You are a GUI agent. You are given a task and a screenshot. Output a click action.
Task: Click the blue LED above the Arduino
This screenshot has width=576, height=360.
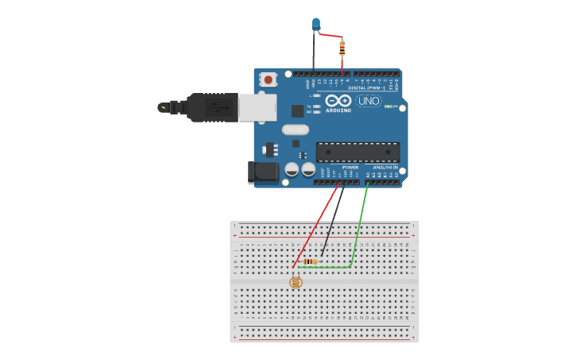[x=316, y=24]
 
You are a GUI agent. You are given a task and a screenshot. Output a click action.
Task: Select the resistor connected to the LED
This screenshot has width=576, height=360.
[x=342, y=47]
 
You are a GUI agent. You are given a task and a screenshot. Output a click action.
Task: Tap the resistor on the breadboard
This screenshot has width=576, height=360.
[x=310, y=261]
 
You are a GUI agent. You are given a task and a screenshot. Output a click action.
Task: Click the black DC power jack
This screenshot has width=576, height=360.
[x=262, y=172]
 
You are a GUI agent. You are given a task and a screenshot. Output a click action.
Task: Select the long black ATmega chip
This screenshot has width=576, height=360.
[x=358, y=151]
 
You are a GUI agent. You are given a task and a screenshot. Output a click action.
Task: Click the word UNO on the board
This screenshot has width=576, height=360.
[x=368, y=102]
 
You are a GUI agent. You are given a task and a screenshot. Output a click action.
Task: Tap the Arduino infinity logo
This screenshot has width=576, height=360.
[x=338, y=101]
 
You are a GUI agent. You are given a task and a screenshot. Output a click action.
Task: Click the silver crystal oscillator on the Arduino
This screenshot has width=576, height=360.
[x=293, y=130]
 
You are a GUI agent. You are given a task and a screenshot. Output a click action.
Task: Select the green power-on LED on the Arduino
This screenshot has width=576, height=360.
[x=388, y=106]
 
